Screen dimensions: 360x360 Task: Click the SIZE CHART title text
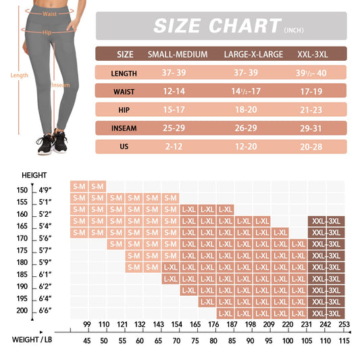click(x=216, y=26)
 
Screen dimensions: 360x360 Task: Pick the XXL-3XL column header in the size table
click(x=314, y=55)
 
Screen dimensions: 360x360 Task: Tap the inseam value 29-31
click(x=314, y=128)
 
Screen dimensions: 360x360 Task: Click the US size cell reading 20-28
click(x=314, y=147)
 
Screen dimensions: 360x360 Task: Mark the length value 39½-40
click(x=314, y=74)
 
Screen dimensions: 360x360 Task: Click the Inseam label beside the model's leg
click(x=61, y=103)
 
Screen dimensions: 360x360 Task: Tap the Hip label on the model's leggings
click(x=47, y=32)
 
